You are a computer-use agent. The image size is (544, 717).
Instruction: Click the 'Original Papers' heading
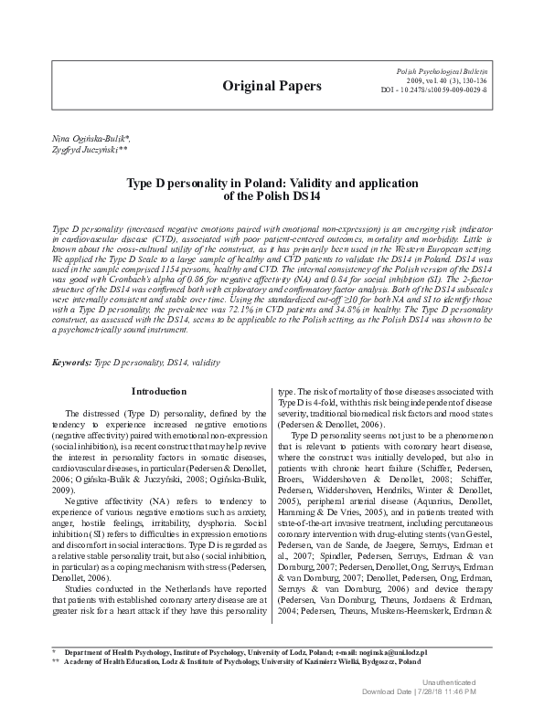(272, 86)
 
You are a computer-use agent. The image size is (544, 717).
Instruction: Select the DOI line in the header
(433, 90)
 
